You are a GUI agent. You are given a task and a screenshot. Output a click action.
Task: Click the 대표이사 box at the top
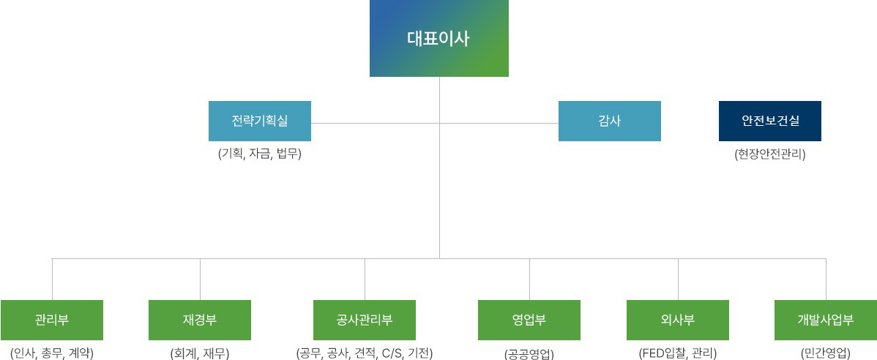(439, 38)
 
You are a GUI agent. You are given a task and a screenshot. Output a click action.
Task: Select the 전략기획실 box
(260, 121)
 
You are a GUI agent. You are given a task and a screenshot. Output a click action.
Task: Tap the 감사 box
(610, 121)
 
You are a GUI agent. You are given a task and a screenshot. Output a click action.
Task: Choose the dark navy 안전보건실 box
(770, 121)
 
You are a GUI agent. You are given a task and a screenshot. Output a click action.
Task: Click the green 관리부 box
(52, 320)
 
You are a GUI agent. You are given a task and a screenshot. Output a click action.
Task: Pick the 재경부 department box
(200, 320)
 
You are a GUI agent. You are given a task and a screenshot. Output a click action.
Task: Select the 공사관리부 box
(365, 320)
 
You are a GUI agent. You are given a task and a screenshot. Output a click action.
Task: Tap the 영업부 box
(529, 320)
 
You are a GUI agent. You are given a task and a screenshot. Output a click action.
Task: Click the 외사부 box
(678, 320)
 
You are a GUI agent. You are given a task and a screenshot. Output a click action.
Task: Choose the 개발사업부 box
(826, 320)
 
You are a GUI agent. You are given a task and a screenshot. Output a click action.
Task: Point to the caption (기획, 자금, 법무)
(260, 154)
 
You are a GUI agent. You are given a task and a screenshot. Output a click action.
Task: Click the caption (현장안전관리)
(770, 154)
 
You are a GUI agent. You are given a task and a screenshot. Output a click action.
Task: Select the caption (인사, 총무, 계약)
(52, 353)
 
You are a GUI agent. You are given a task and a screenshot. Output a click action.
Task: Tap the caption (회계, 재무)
(200, 353)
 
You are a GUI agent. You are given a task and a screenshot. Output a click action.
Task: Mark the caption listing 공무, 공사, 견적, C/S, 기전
(365, 353)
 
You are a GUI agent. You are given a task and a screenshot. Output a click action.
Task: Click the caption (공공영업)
(529, 353)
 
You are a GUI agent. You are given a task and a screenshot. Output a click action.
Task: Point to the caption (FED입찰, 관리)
(678, 353)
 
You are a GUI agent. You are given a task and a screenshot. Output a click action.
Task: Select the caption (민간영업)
(826, 353)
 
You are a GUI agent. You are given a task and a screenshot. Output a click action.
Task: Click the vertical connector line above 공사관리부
(365, 279)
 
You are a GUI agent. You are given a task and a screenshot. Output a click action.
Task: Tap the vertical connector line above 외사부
(678, 279)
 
